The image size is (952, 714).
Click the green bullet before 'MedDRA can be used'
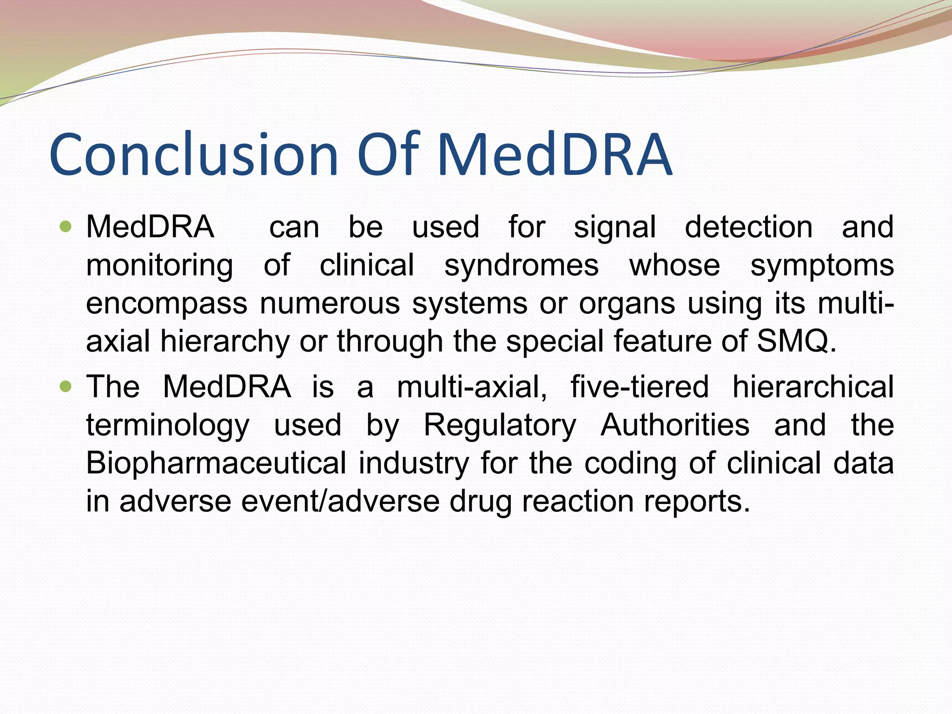pyautogui.click(x=66, y=227)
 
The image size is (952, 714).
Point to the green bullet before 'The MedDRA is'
pyautogui.click(x=66, y=386)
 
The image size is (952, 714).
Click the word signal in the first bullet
pyautogui.click(x=615, y=228)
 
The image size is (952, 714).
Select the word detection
pyautogui.click(x=748, y=227)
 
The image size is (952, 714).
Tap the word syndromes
pyautogui.click(x=521, y=266)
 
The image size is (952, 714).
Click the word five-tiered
pyautogui.click(x=639, y=387)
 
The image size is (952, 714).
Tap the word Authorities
pyautogui.click(x=675, y=425)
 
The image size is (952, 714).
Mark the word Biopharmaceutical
pyautogui.click(x=216, y=463)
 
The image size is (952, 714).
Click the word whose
pyautogui.click(x=674, y=266)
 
